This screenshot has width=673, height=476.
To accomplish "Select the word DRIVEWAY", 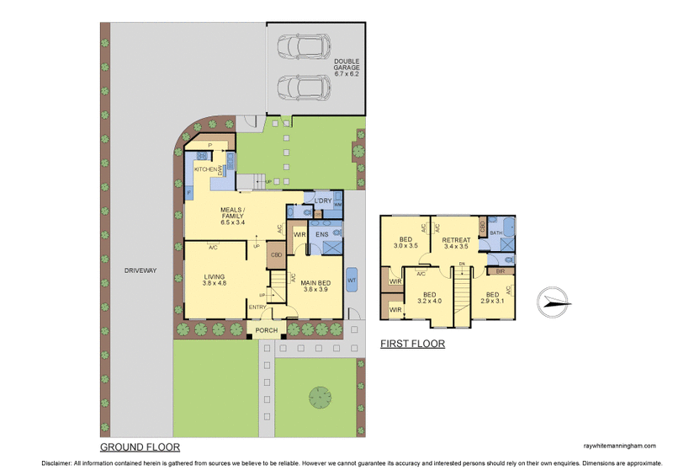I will click(x=140, y=270).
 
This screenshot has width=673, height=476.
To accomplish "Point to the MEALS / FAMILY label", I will click(x=232, y=216).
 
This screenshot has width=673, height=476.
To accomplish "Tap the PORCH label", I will click(x=267, y=330).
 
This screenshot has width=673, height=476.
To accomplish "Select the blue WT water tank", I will click(x=352, y=280).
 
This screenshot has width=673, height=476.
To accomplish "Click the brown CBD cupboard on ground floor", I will click(x=275, y=254).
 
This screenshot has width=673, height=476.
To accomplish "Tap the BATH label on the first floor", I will click(x=495, y=233).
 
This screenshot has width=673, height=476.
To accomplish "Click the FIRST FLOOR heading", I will click(x=412, y=344).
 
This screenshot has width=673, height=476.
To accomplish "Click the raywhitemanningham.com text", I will click(x=618, y=447).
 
